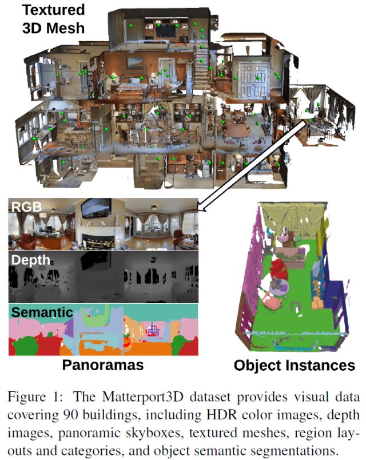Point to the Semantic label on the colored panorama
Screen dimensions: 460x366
coord(42,312)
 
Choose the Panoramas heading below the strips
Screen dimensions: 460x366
coord(103,364)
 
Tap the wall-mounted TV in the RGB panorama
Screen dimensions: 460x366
coord(94,210)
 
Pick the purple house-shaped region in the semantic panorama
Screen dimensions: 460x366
coord(153,329)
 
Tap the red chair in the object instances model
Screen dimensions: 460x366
coord(279,268)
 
